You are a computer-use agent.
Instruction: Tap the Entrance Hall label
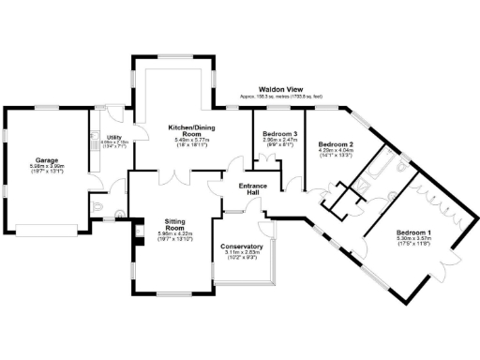tap(252, 190)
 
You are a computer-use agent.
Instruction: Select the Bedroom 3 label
tap(279, 134)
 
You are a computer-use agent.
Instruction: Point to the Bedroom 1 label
tap(413, 232)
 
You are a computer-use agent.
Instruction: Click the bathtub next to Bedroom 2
tap(382, 167)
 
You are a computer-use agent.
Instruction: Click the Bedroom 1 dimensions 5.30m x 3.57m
tap(413, 240)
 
